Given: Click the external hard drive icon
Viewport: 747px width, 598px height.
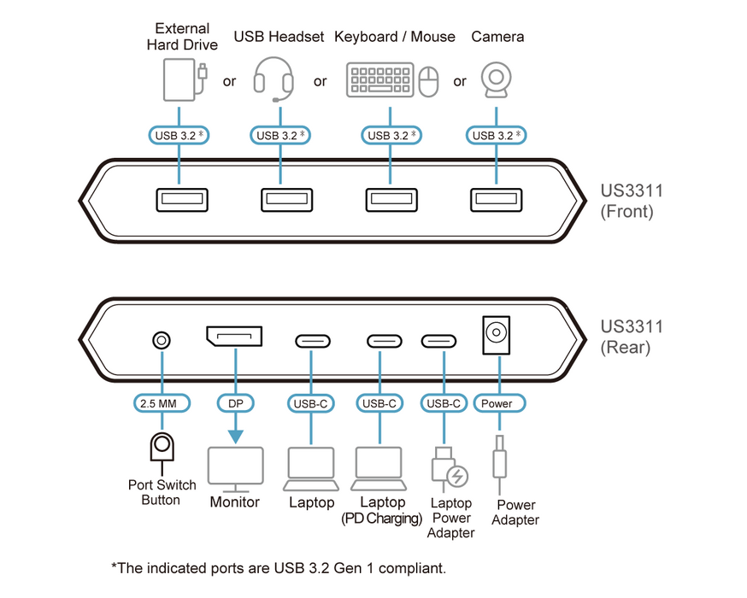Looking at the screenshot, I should (x=181, y=79).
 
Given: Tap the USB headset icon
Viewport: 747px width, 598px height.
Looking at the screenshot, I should (x=274, y=80).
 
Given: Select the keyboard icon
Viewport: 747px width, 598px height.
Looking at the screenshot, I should (x=380, y=79).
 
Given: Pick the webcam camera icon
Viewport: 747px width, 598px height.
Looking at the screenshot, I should (x=496, y=80).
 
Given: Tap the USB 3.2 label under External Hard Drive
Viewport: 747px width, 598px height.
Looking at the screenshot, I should (x=179, y=135).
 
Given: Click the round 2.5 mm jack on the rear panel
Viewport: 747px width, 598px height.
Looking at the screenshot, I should (x=161, y=340).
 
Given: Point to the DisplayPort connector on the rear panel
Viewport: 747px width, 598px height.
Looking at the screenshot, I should (x=233, y=337).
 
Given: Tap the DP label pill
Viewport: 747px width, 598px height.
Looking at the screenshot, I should (x=235, y=403).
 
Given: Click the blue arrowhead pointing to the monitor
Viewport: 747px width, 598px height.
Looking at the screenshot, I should (x=235, y=435).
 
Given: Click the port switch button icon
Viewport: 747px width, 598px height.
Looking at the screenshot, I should (x=161, y=449).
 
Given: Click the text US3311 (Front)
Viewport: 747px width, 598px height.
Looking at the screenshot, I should (x=631, y=201).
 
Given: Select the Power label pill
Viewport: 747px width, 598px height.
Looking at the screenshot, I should (x=497, y=403).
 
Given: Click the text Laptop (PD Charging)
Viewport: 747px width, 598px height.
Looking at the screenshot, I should (x=382, y=510).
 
